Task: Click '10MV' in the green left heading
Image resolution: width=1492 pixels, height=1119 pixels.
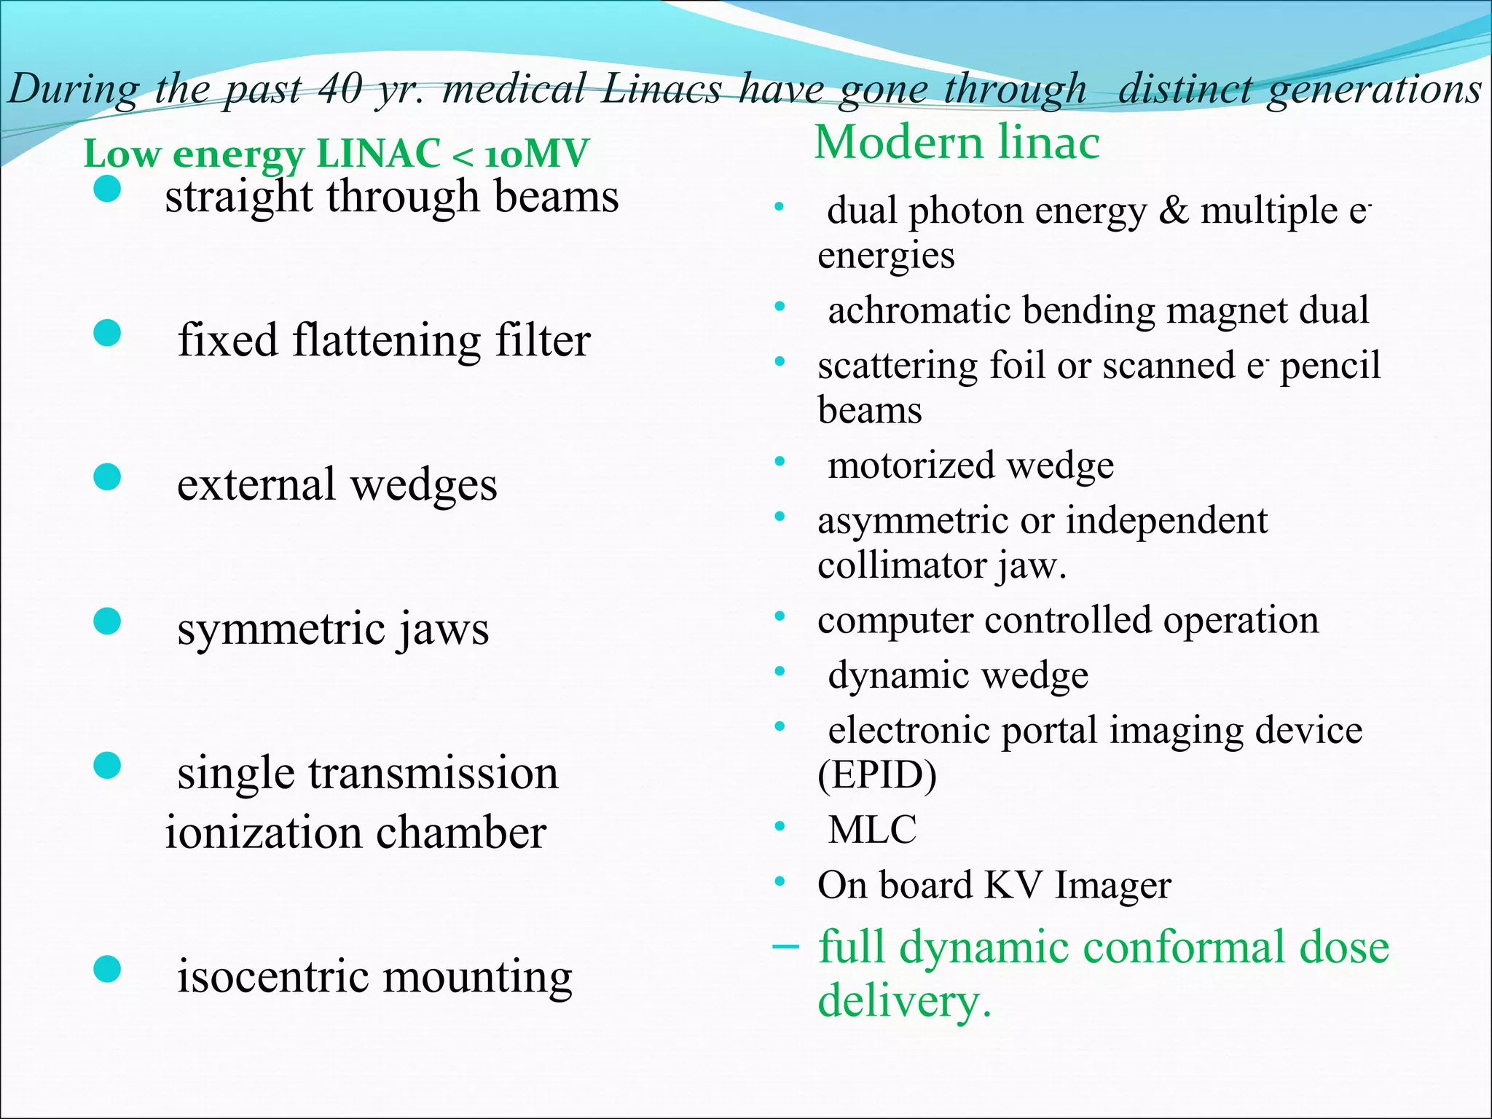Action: point(536,154)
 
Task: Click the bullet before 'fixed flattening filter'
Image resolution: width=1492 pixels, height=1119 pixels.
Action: point(107,334)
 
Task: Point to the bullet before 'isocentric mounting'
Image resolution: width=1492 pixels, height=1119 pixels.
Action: point(107,970)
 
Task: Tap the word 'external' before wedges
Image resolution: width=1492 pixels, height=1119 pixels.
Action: point(256,484)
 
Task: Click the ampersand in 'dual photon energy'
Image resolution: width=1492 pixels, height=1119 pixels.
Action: point(1173,211)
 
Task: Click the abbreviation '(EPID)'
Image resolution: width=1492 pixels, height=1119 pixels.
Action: point(877,775)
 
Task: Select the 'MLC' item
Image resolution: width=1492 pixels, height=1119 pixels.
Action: point(872,830)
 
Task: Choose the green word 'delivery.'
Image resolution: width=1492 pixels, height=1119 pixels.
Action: point(904,1001)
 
